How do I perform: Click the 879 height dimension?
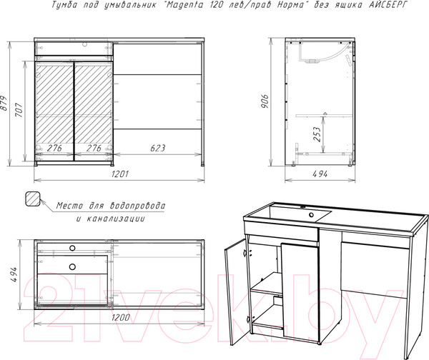click(4, 103)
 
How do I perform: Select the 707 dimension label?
click(19, 110)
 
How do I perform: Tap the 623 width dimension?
click(158, 148)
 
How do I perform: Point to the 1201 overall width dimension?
click(120, 174)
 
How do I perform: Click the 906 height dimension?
click(265, 101)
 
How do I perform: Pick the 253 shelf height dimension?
click(317, 134)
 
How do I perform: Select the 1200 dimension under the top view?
click(121, 317)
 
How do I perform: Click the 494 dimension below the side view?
click(320, 174)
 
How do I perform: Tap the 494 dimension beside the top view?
click(14, 274)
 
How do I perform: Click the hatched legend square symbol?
click(33, 199)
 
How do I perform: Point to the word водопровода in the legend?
click(137, 206)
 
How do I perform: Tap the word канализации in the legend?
click(116, 219)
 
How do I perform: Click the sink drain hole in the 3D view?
click(311, 215)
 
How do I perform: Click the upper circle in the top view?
click(72, 248)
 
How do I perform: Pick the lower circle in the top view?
click(72, 266)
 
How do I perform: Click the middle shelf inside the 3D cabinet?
click(266, 284)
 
